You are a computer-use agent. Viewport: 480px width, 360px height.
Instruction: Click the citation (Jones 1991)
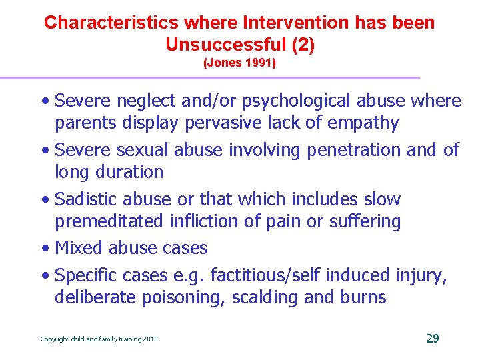point(239,65)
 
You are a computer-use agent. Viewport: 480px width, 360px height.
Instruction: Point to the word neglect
point(150,101)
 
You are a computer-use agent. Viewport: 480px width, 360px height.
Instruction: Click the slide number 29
point(432,339)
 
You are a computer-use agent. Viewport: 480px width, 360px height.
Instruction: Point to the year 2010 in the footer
point(150,339)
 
